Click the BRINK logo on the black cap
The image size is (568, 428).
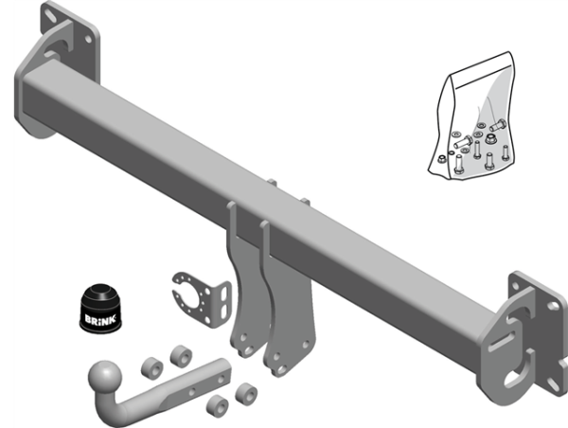[100, 319]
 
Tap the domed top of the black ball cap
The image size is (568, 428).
[100, 292]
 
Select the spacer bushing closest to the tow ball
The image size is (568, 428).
[151, 368]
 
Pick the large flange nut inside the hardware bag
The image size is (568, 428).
[490, 138]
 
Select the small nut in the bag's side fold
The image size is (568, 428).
[441, 159]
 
